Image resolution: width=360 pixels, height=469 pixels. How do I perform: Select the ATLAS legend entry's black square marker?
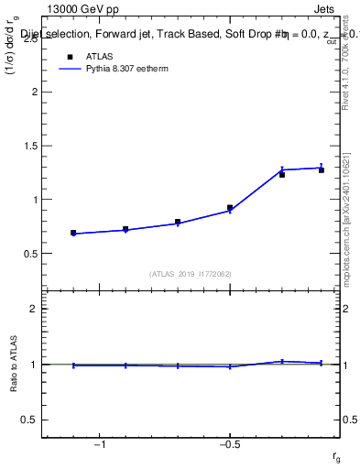tap(69, 57)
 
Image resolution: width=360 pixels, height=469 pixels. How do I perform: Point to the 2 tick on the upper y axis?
tap(34, 93)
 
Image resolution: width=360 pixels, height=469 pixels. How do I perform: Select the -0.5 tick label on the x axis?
tap(229, 446)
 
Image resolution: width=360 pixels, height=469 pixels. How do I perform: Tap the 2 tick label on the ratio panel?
tap(34, 309)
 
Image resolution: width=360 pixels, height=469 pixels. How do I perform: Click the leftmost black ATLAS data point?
tap(73, 233)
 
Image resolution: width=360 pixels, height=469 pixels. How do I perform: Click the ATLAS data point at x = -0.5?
tap(230, 208)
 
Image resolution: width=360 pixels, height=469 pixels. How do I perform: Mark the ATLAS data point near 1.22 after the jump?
tap(282, 175)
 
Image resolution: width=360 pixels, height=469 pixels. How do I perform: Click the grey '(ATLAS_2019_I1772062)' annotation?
tap(190, 274)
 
